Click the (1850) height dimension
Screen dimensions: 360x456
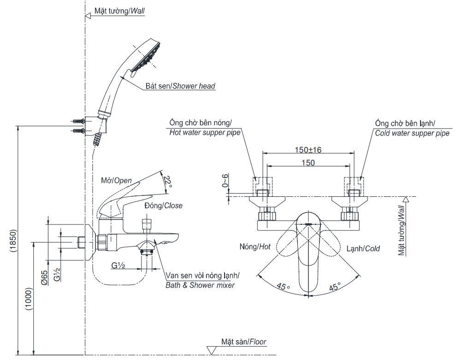[x=13, y=240]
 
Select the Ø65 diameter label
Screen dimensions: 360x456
[x=44, y=278]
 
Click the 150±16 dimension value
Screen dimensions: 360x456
[x=308, y=149]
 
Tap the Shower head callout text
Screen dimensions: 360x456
[x=186, y=86]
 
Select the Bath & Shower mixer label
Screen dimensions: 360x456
[x=200, y=280]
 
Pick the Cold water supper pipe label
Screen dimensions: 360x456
[x=412, y=128]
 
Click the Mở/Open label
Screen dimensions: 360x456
[x=116, y=180]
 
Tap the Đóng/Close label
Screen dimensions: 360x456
[x=163, y=206]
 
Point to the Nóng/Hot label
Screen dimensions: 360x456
[x=255, y=248]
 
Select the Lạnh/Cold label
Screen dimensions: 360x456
[x=363, y=248]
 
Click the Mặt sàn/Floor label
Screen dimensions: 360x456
[x=243, y=342]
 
